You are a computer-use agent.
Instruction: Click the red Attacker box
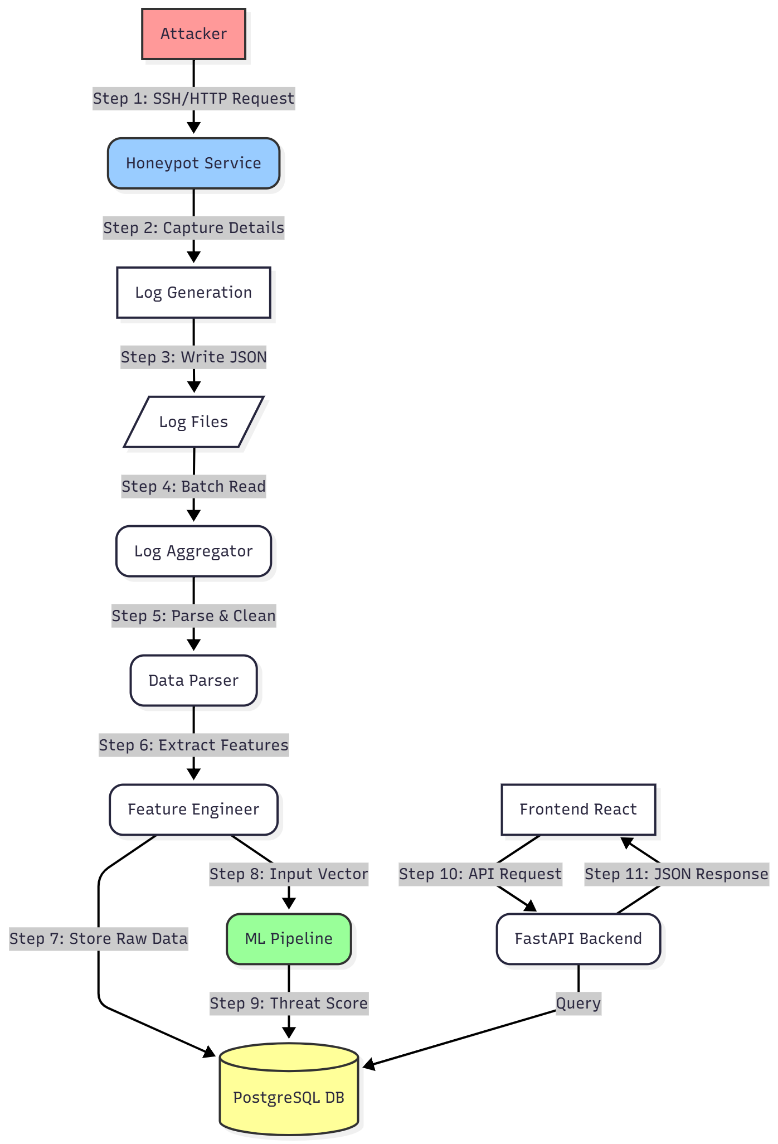point(193,34)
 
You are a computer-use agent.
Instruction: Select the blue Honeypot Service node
point(193,163)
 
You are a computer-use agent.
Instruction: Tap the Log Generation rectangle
point(193,293)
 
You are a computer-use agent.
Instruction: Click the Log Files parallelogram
point(193,422)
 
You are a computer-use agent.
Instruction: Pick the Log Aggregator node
point(193,551)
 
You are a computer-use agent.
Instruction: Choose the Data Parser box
point(193,681)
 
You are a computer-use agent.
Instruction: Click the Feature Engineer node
point(193,809)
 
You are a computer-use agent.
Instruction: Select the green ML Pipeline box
point(289,939)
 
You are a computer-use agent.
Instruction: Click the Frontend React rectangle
point(578,809)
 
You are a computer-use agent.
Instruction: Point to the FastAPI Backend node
point(578,939)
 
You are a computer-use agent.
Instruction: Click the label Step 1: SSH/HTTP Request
point(193,99)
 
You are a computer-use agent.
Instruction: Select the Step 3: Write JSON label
point(193,357)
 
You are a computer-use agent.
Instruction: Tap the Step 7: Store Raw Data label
point(99,939)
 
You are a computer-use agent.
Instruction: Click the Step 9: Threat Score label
point(289,1004)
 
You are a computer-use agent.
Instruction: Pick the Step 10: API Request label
point(480,874)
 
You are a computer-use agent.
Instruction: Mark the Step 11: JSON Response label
point(677,874)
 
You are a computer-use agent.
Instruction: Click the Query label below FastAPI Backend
point(578,1004)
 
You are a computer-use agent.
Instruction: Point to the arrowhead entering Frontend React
point(627,842)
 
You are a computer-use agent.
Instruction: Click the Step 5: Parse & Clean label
point(193,616)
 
